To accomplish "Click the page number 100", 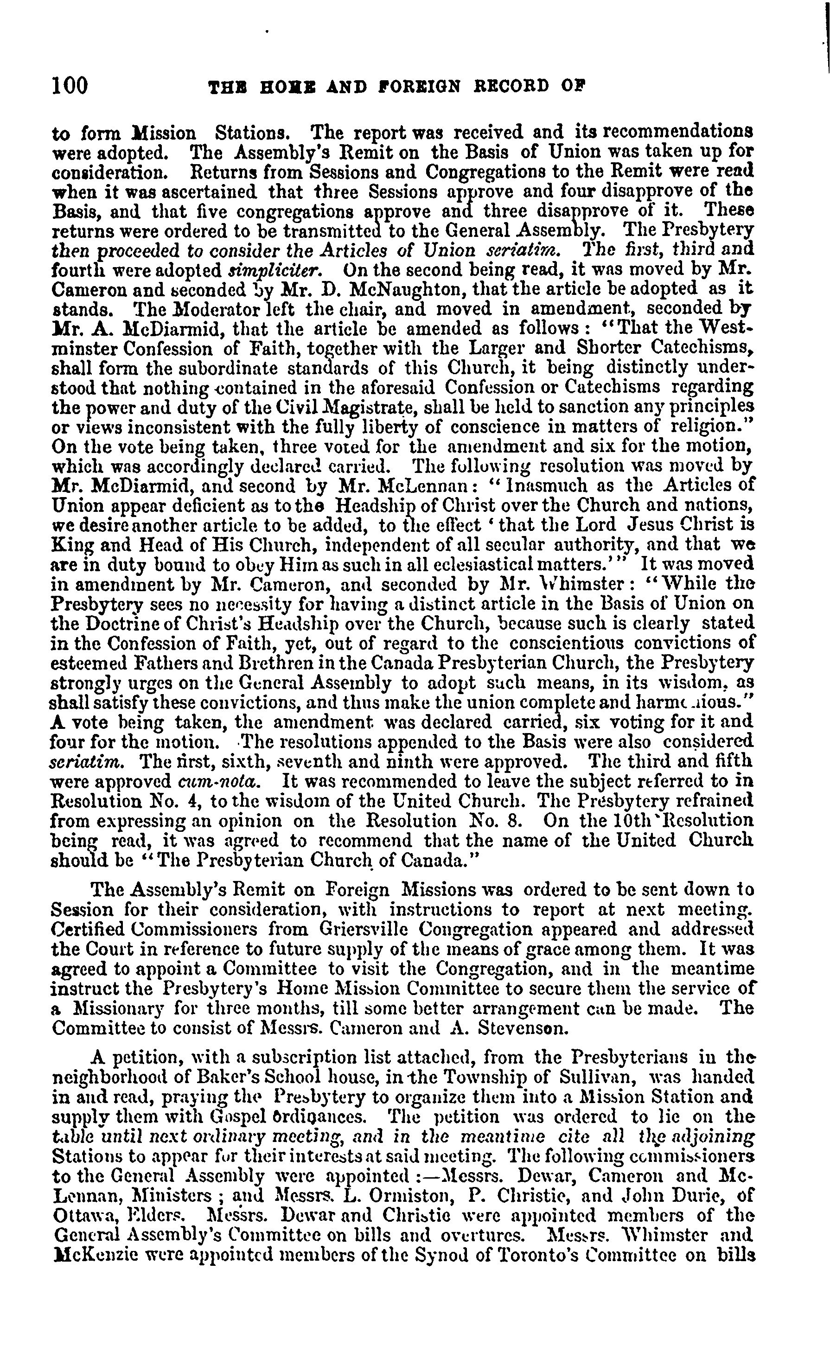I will tap(70, 86).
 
